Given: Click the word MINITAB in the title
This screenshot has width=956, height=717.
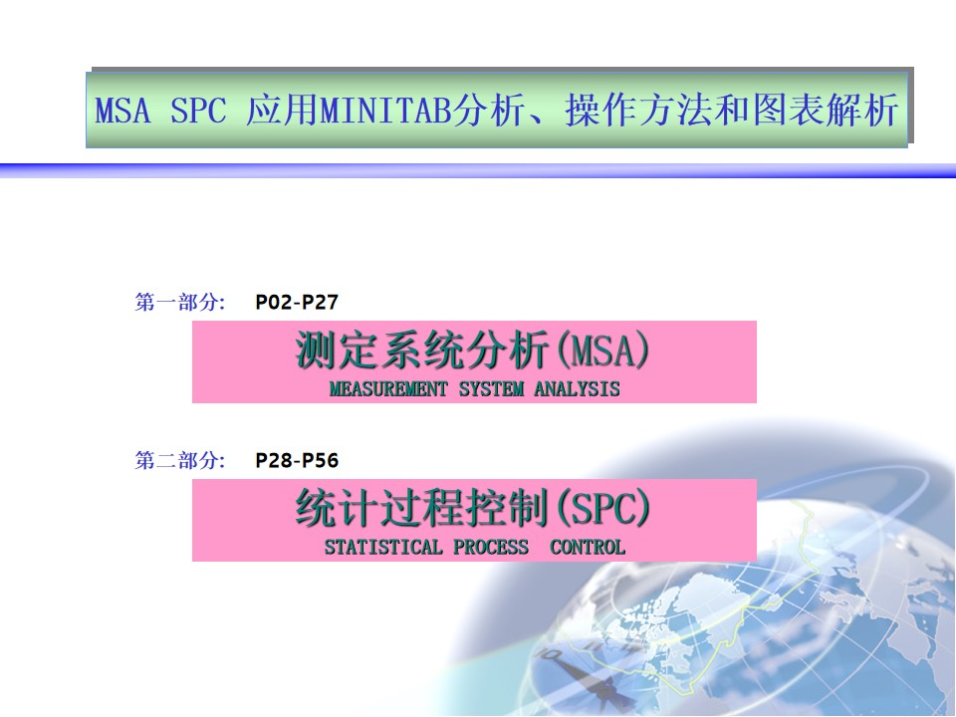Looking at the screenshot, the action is [x=386, y=111].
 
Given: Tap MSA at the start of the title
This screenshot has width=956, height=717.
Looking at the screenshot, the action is [x=122, y=111].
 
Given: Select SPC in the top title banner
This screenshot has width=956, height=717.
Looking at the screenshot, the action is [x=198, y=111].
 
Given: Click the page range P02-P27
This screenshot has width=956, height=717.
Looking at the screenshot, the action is [x=297, y=302].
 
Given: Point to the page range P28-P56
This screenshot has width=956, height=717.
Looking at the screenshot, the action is [x=297, y=460].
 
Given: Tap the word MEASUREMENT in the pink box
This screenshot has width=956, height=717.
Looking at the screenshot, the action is [x=388, y=388].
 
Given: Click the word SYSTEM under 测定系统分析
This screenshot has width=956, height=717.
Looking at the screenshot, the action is [x=491, y=388].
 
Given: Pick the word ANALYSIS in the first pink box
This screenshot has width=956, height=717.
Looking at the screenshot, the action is [x=577, y=388].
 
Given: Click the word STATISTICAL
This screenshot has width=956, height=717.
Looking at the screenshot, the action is [x=383, y=547].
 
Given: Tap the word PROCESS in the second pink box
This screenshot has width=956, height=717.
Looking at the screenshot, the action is [x=491, y=547].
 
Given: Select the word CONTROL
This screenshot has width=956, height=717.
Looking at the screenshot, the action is [x=588, y=547].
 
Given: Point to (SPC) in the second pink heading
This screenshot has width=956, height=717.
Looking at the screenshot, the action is [x=603, y=509].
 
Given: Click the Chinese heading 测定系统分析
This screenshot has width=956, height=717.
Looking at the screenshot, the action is [x=422, y=350].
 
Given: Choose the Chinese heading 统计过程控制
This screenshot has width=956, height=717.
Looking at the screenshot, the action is [x=422, y=508].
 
